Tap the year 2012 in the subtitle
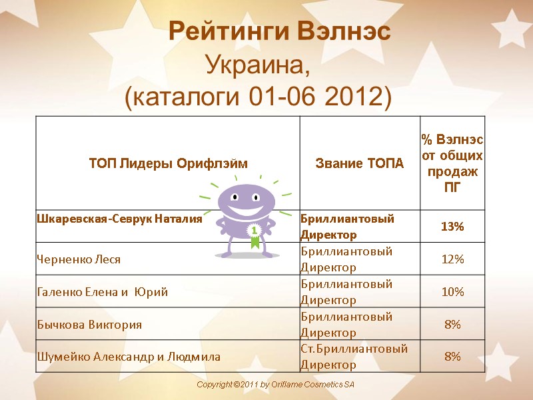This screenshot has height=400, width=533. click(x=356, y=98)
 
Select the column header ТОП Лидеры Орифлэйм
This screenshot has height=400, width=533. click(x=167, y=163)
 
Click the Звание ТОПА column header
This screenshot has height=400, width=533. click(x=359, y=163)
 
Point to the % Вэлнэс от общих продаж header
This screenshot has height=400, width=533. click(x=452, y=163)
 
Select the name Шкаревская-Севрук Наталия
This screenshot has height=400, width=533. click(x=119, y=219)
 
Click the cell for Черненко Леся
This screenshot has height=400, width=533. click(x=79, y=259)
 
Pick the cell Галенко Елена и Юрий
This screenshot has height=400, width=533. click(x=102, y=292)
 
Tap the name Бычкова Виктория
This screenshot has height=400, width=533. click(x=89, y=325)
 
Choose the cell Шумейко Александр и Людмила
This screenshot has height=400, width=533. click(x=128, y=357)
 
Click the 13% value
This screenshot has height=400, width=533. click(x=452, y=227)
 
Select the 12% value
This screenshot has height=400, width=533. click(x=452, y=259)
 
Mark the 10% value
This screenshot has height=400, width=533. click(x=452, y=292)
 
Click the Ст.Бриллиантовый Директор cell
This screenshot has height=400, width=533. click(x=354, y=357)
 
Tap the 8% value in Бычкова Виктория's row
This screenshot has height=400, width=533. click(x=452, y=325)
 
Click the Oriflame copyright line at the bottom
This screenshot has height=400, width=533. click(x=276, y=386)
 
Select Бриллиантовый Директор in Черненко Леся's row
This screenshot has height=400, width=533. click(x=346, y=259)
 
